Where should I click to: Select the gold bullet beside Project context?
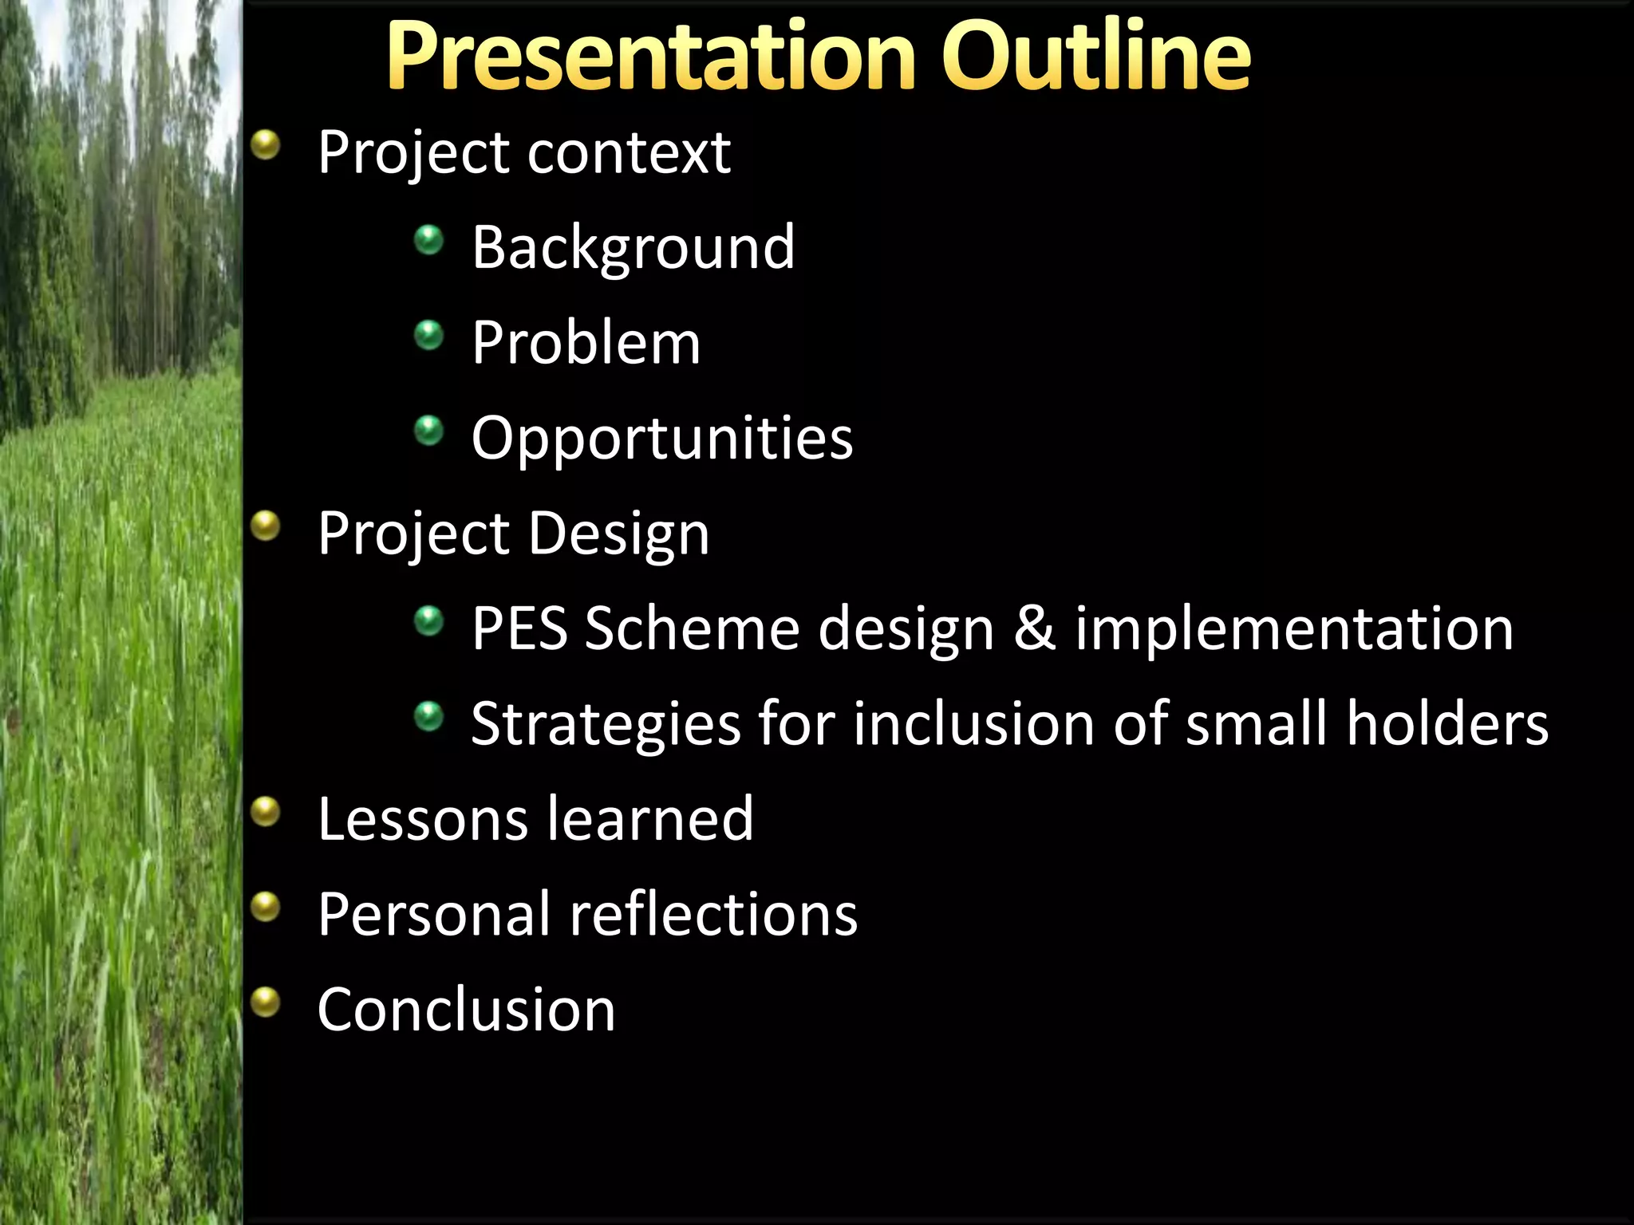click(x=266, y=145)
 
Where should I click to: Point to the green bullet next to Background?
click(x=429, y=240)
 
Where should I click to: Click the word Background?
click(x=633, y=247)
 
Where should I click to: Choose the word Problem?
click(x=586, y=343)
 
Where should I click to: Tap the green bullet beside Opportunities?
click(x=429, y=431)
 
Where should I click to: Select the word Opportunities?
click(x=661, y=438)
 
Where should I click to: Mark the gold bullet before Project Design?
click(x=266, y=526)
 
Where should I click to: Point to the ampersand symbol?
click(x=1035, y=628)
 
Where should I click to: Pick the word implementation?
click(x=1293, y=628)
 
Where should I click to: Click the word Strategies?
click(x=606, y=723)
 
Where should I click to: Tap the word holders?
click(x=1447, y=723)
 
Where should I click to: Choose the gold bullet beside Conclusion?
click(x=266, y=1002)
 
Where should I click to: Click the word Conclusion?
click(x=466, y=1010)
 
